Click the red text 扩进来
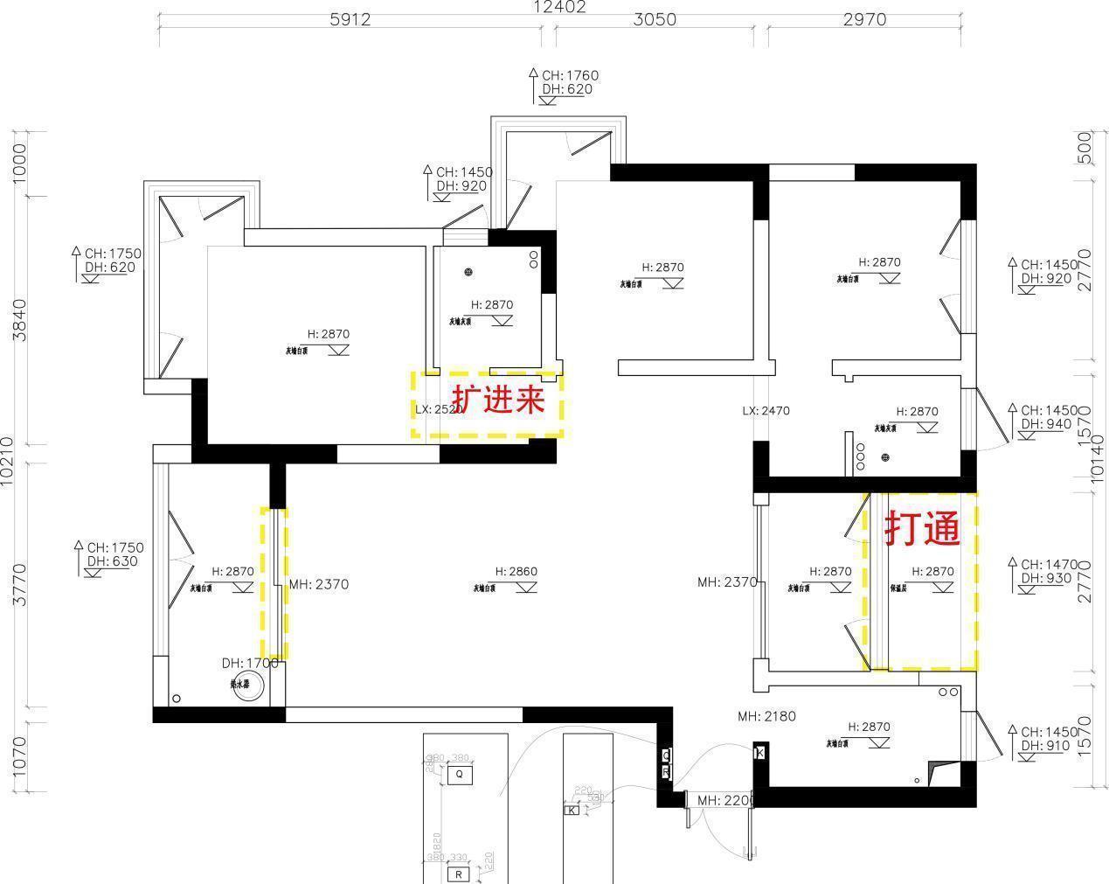point(499,400)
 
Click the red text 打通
point(923,529)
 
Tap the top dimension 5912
point(350,19)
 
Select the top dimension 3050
point(654,19)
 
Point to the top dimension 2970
point(864,19)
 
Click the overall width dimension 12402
point(560,7)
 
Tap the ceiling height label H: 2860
point(516,572)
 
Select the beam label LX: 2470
point(766,410)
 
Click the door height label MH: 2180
point(766,716)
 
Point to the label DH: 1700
point(250,664)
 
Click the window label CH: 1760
point(570,76)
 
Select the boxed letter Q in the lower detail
point(459,774)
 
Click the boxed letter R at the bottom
point(458,874)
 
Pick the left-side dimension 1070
point(19,757)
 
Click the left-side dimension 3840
point(19,320)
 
